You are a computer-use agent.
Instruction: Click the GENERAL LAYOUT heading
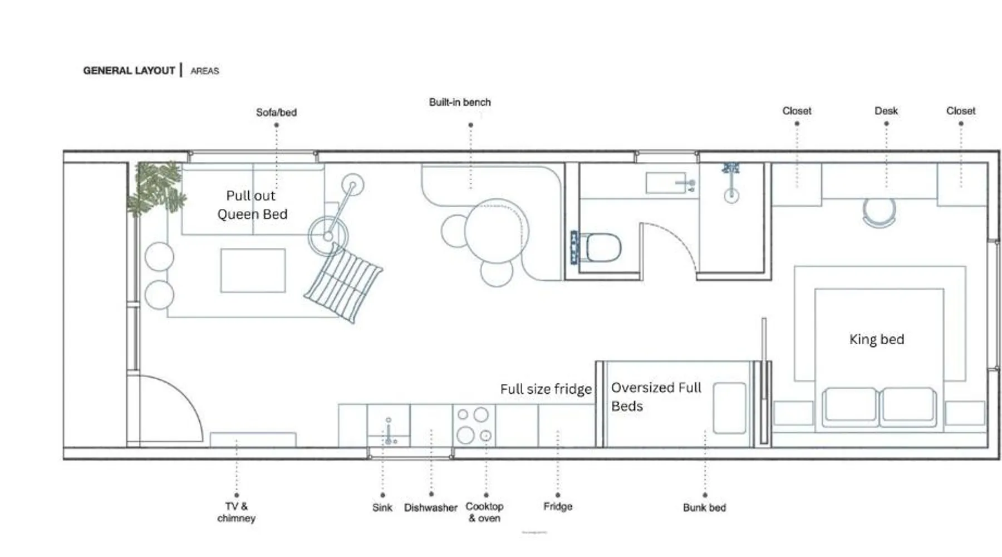tap(129, 71)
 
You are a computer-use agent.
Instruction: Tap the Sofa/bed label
tap(276, 113)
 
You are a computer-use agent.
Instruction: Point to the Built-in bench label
tap(460, 102)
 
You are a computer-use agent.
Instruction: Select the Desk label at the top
tap(886, 111)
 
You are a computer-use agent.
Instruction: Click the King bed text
tap(877, 339)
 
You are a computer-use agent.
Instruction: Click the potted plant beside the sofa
tap(156, 188)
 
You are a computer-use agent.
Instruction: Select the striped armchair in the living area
tap(343, 284)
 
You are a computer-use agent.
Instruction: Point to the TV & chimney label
tap(237, 512)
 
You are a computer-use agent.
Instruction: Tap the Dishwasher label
tap(431, 508)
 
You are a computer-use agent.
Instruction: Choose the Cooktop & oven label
tap(485, 512)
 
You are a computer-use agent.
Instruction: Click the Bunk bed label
tap(705, 508)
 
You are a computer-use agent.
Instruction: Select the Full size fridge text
tap(546, 389)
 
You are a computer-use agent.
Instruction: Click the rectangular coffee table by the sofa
tap(253, 271)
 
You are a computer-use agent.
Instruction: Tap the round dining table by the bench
tap(496, 231)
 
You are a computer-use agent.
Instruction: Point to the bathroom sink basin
tap(666, 183)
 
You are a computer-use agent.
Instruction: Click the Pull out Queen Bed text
tap(252, 205)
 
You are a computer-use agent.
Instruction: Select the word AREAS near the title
tap(205, 71)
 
